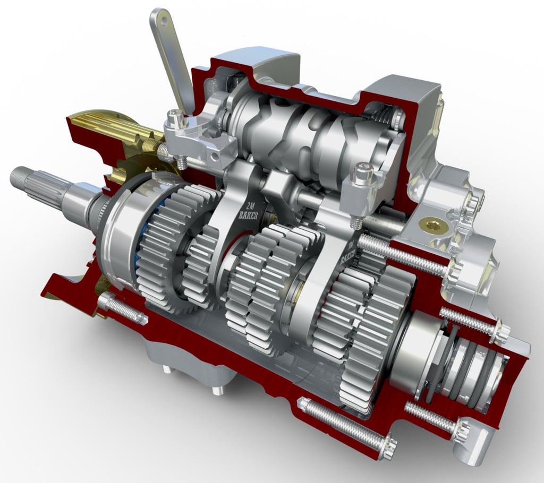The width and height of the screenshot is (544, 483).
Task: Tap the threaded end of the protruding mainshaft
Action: (x=19, y=177)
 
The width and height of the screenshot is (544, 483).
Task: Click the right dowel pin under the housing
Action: (x=217, y=390)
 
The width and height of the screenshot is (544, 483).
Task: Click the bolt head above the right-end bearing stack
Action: (x=499, y=331)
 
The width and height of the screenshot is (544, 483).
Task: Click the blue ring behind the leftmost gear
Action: (x=139, y=249)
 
